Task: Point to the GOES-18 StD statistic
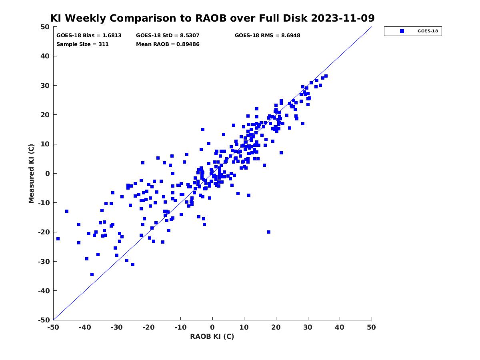[168, 35]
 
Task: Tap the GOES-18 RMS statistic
[267, 35]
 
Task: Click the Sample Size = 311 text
[82, 44]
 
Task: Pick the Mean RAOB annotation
[168, 44]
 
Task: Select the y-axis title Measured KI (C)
[31, 173]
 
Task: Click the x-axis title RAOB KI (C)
[212, 336]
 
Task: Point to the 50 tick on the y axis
[45, 27]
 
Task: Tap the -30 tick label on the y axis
[44, 261]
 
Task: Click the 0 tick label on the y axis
[47, 173]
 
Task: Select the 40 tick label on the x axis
[340, 327]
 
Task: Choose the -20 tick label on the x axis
[148, 327]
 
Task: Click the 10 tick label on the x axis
[244, 327]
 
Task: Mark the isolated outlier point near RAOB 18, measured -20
[269, 232]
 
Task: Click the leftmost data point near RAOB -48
[58, 239]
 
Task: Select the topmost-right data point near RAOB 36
[326, 76]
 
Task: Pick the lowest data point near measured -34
[92, 274]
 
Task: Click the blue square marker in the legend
[402, 31]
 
